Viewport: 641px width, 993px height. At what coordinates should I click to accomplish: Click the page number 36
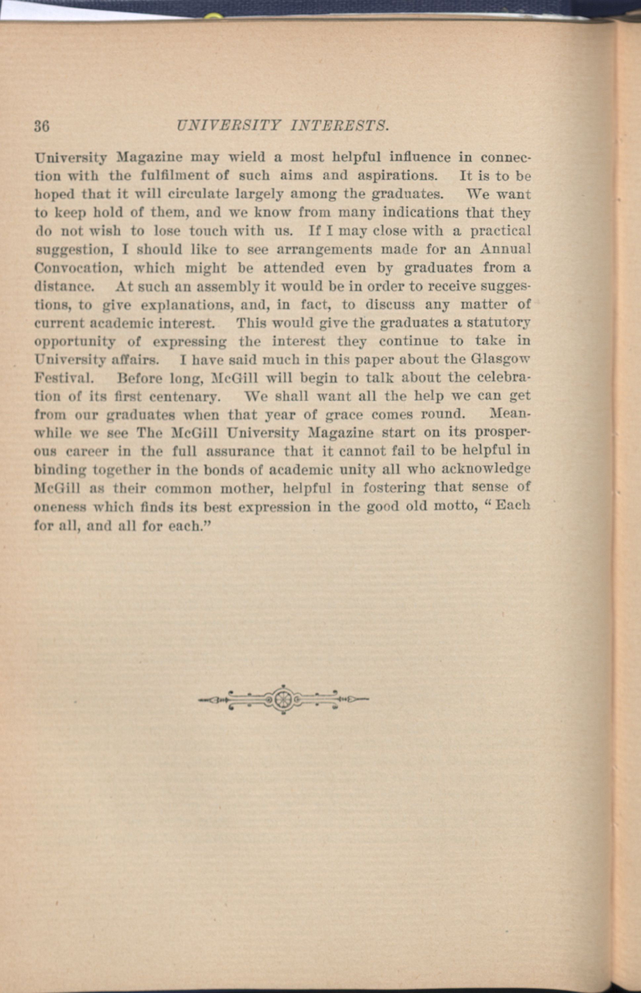pos(42,126)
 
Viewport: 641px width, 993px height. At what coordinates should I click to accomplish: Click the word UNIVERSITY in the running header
pos(229,125)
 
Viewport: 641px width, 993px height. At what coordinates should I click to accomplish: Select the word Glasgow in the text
pos(501,359)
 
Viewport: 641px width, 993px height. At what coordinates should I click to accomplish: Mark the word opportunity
pos(74,342)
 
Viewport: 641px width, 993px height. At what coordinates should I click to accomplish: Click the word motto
pos(455,507)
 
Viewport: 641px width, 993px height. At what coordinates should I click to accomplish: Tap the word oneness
pos(60,507)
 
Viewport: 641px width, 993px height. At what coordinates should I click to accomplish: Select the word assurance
pos(240,451)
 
